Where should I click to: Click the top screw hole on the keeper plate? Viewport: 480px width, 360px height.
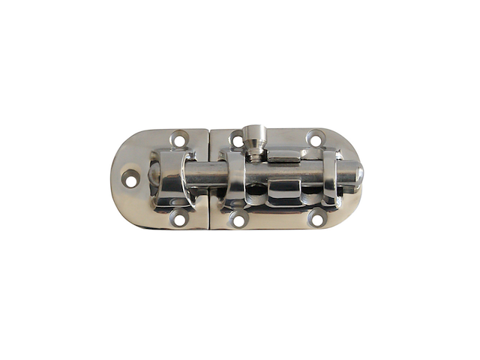(179, 139)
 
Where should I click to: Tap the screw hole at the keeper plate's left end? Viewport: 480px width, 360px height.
(131, 181)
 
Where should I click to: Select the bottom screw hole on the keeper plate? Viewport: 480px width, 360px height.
(179, 219)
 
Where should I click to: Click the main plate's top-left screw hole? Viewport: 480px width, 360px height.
(238, 140)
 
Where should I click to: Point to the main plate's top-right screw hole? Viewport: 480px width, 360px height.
(316, 139)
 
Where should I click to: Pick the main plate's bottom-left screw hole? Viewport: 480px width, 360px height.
(238, 220)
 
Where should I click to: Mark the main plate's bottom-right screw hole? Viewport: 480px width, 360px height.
(316, 219)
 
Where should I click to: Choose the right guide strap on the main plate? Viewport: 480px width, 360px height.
(331, 178)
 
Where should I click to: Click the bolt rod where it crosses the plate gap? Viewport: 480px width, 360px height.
(209, 175)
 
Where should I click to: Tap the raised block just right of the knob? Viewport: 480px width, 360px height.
(283, 155)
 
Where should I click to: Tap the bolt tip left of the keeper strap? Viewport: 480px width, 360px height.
(153, 176)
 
